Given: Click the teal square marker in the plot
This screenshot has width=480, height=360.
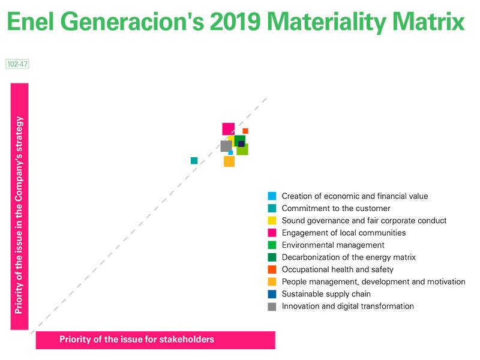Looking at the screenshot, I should (194, 161).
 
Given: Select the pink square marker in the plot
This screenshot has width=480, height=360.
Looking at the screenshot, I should (228, 128).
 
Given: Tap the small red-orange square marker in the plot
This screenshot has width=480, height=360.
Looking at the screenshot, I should (245, 131).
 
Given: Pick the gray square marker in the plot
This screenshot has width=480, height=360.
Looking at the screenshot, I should (226, 146).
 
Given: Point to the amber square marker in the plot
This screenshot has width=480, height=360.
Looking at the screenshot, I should (229, 161).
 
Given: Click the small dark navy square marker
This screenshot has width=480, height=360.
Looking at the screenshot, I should (241, 144).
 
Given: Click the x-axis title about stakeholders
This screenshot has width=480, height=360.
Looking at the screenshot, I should (136, 340).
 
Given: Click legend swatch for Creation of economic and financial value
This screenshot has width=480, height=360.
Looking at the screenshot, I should (272, 196).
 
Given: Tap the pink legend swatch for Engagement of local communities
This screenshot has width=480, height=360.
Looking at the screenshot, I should (272, 233).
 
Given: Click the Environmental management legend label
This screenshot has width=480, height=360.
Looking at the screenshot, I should (332, 245).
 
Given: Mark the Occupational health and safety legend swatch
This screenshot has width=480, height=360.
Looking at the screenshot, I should (272, 269).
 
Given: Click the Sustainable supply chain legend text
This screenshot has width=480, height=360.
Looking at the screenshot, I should (326, 294).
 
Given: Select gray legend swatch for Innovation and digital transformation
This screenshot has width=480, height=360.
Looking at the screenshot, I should (272, 307).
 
